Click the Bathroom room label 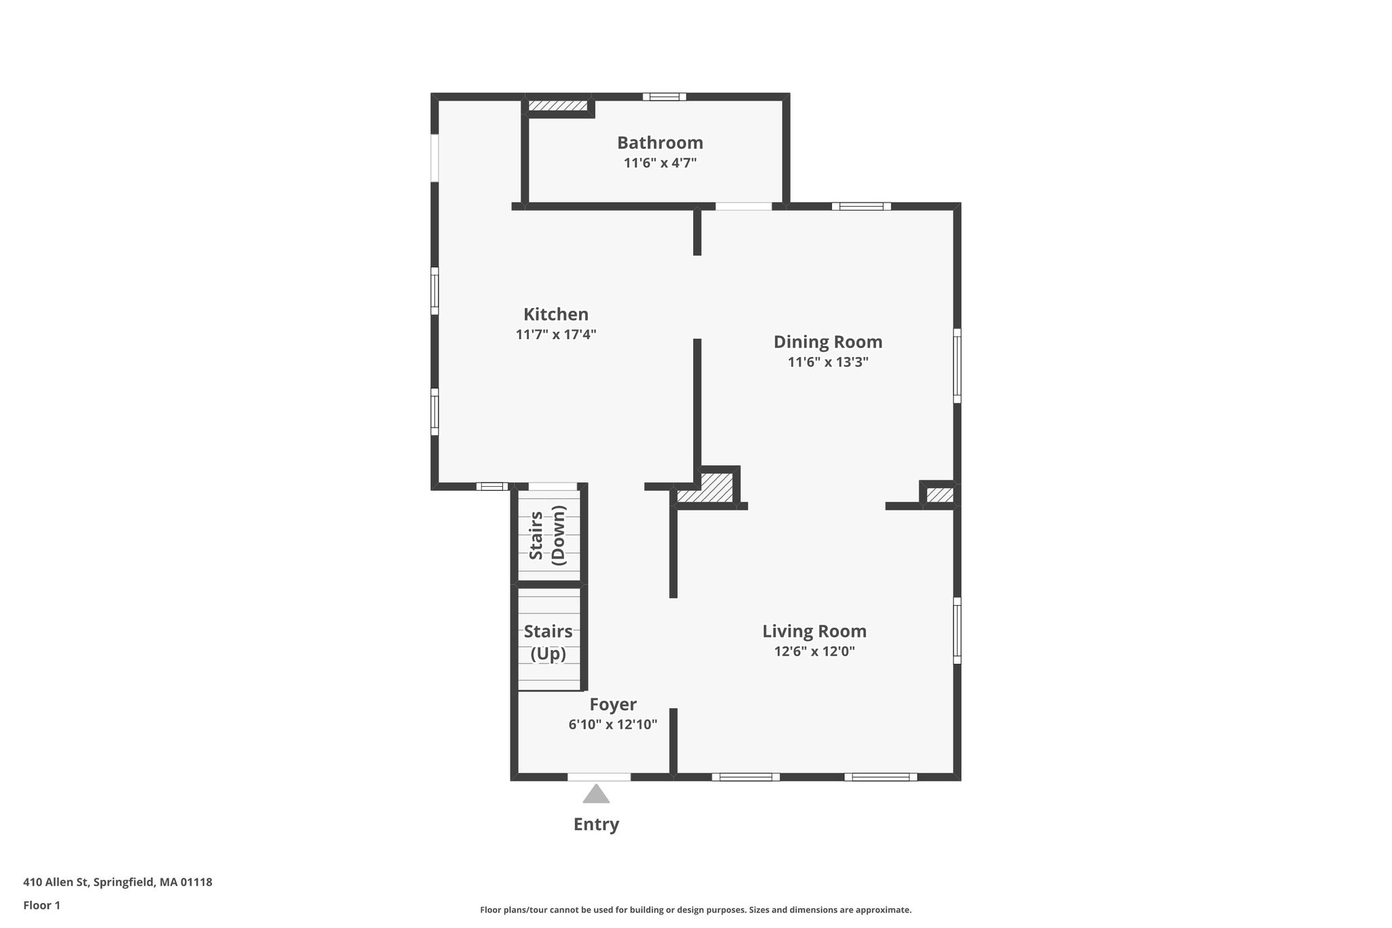click(x=660, y=143)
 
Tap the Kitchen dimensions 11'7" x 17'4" click(x=556, y=334)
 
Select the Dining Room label click(x=828, y=342)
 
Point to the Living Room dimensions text click(x=814, y=651)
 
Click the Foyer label click(x=613, y=705)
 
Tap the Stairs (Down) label click(x=548, y=535)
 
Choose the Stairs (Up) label click(x=548, y=642)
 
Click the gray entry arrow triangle click(x=596, y=794)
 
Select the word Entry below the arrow click(x=596, y=825)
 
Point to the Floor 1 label click(x=41, y=906)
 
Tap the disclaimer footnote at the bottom click(x=695, y=910)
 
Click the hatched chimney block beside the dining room click(x=706, y=487)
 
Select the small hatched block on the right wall click(x=940, y=495)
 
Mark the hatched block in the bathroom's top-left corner click(x=558, y=105)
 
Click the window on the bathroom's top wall click(x=665, y=97)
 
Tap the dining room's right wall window click(x=957, y=366)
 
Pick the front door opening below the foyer click(x=599, y=777)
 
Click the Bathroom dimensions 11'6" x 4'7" click(x=660, y=163)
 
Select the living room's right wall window click(x=957, y=630)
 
